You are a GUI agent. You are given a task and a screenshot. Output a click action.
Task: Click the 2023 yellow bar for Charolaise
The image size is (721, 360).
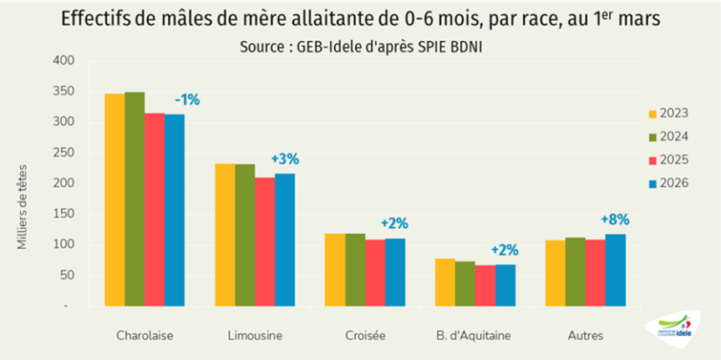114,200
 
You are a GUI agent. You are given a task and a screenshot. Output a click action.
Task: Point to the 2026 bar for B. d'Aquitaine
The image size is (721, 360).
505,286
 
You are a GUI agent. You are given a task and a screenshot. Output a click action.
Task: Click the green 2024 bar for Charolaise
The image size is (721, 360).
135,200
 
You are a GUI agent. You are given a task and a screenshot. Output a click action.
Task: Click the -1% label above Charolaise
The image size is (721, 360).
187,99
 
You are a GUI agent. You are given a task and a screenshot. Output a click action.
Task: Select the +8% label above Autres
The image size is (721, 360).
615,220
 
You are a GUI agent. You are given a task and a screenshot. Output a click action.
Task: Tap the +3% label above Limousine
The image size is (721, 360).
285,159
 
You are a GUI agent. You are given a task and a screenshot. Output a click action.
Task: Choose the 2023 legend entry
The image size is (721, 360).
668,114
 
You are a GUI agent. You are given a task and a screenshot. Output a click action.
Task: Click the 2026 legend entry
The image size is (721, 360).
668,183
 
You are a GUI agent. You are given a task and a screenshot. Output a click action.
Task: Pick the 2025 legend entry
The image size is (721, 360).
668,160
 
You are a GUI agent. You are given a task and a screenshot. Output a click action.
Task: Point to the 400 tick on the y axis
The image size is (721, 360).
65,61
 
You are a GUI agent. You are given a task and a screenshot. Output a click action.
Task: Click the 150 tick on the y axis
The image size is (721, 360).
65,215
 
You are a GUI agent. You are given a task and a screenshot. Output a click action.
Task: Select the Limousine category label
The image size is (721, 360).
255,336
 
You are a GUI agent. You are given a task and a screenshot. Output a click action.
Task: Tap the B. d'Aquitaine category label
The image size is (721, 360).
475,336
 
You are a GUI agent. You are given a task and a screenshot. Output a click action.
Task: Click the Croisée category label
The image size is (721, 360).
365,336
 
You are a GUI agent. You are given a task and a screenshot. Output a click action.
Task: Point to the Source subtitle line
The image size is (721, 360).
360,48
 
